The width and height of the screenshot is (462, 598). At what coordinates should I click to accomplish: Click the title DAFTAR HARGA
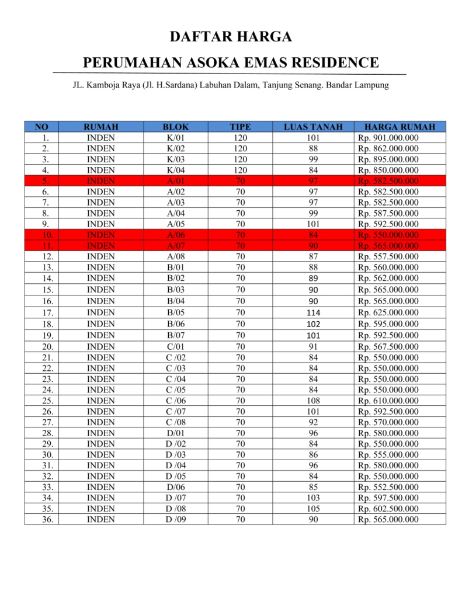click(231, 37)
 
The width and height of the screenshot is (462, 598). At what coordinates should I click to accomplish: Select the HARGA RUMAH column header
click(400, 127)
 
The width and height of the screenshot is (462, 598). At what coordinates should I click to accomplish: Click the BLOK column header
click(176, 127)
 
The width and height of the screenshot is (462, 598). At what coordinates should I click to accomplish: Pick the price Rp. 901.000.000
click(388, 138)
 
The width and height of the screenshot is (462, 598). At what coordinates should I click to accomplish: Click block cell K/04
click(176, 170)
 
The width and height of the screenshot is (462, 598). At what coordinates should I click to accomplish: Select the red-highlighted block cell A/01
click(176, 181)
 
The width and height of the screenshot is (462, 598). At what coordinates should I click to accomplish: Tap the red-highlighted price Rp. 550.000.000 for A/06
click(388, 235)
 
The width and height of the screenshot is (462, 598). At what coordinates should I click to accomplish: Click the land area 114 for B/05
click(313, 312)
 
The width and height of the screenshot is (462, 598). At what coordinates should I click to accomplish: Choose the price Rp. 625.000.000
click(388, 312)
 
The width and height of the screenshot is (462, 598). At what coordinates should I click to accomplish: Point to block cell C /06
click(176, 401)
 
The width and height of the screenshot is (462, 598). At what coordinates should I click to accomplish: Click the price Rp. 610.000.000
click(388, 401)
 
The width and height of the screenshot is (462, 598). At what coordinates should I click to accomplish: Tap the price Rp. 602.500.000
click(388, 509)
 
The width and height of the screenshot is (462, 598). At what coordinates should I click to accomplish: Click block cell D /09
click(176, 520)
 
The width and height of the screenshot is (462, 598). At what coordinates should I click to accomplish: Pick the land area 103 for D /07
click(313, 498)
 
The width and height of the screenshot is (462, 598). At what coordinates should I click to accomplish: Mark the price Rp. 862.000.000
click(388, 148)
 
